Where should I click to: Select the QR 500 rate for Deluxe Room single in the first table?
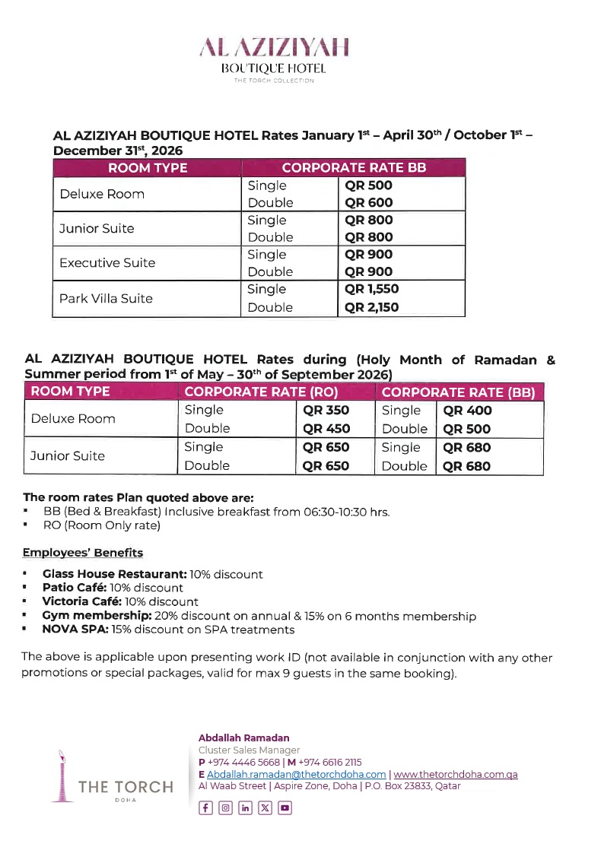point(369,186)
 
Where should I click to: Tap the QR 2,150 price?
point(372,307)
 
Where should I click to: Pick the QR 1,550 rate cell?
point(372,289)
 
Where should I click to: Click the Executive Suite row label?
point(107,263)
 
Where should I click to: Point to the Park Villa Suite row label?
point(106,298)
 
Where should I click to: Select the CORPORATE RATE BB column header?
point(354,168)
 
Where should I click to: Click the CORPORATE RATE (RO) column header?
point(261,392)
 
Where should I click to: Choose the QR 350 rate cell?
point(326,411)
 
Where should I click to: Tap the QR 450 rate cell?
point(326,429)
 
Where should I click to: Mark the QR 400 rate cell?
point(467,411)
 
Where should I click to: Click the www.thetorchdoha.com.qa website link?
point(456,774)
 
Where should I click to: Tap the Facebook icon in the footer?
point(205,808)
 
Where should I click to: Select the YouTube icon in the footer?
point(285,808)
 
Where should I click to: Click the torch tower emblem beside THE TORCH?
point(58,774)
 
